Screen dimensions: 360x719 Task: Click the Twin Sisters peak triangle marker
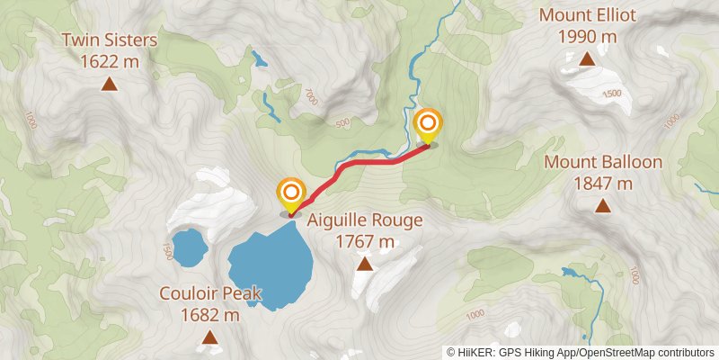(110, 85)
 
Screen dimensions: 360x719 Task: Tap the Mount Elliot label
(587, 15)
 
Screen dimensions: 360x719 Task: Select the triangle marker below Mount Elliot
(587, 59)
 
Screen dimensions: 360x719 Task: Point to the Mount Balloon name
(603, 163)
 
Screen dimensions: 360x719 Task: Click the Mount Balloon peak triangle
(603, 206)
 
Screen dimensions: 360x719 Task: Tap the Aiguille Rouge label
(365, 220)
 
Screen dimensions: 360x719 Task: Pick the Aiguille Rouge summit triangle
(365, 264)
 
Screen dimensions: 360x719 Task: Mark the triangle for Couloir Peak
(209, 337)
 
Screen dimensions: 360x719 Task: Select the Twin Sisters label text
(110, 40)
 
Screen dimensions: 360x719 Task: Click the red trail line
(359, 163)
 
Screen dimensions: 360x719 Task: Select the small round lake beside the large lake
(189, 247)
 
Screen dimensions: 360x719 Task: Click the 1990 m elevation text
(587, 37)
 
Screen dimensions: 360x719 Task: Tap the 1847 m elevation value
(603, 184)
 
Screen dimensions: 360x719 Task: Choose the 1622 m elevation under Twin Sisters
(110, 62)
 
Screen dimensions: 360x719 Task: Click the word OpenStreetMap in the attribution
(617, 352)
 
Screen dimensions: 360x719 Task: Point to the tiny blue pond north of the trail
(260, 62)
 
